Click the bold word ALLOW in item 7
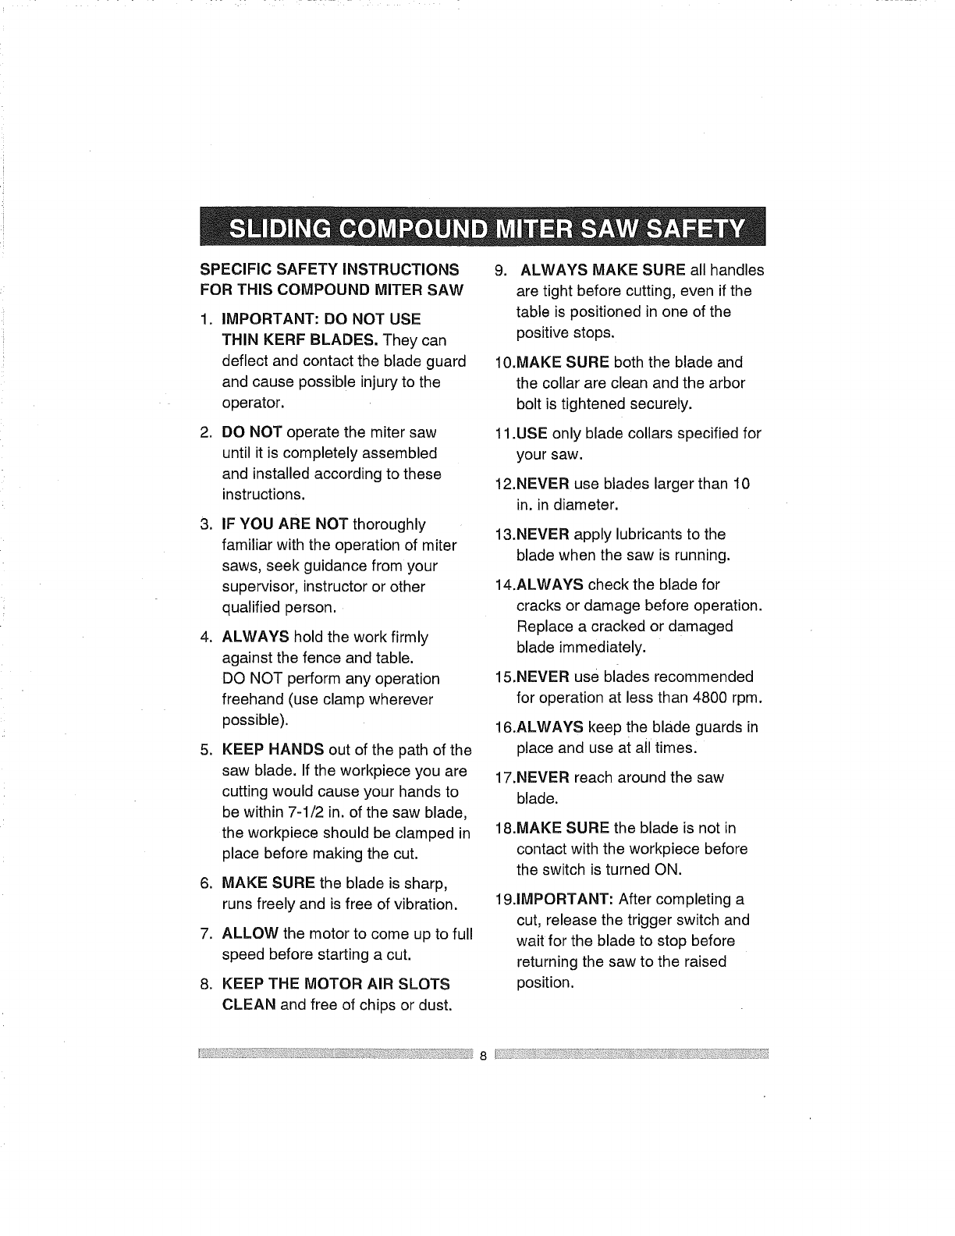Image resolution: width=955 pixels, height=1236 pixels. coord(250,933)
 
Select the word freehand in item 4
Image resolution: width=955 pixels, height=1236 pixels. coord(253,700)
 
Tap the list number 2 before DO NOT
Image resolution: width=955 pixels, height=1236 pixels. coord(204,432)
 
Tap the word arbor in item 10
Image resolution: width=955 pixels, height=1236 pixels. coord(726,383)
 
